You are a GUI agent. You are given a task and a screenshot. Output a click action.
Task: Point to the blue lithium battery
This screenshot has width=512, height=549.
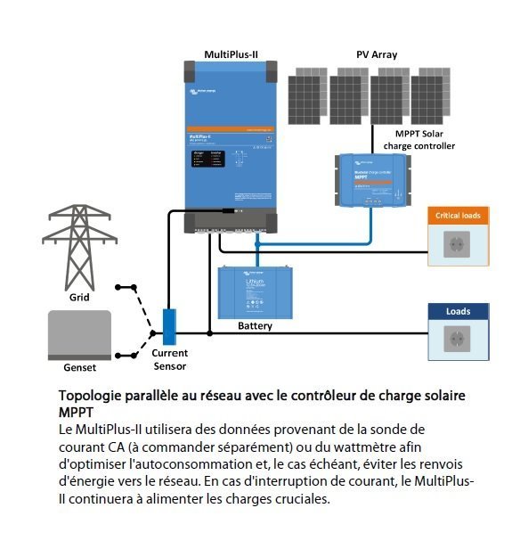point(257,292)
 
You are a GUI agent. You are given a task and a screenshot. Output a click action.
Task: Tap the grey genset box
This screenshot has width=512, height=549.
point(78,334)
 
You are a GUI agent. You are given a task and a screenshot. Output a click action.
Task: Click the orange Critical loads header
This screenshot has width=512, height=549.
point(458,216)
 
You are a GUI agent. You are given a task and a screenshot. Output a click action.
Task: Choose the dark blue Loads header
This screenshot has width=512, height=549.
point(459,311)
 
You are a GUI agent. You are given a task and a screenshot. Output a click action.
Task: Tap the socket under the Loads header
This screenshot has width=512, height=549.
point(458,340)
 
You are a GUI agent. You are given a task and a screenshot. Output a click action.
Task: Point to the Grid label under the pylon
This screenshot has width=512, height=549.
point(79,298)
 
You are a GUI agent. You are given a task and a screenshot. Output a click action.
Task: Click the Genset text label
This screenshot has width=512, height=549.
point(79,367)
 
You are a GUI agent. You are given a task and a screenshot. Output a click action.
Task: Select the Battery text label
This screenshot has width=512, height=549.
point(256,326)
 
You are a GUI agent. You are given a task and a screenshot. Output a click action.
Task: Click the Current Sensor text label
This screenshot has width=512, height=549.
point(170,359)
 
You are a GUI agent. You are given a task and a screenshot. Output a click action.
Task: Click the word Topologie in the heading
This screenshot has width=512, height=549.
point(93,395)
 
